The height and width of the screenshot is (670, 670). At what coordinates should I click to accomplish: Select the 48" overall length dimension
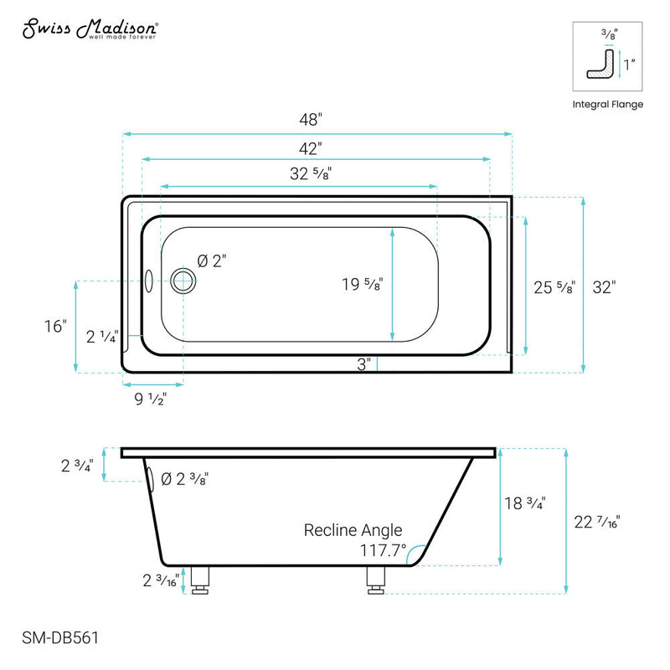[x=311, y=119]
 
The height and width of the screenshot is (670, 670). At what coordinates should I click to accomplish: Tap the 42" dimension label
[x=311, y=148]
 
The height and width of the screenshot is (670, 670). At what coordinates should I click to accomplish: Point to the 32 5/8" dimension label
[x=298, y=175]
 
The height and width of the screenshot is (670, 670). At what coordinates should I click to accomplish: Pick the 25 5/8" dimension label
[x=554, y=287]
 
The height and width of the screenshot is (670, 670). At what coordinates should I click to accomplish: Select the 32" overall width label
[x=604, y=287]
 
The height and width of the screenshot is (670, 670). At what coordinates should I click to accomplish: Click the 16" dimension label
[x=56, y=326]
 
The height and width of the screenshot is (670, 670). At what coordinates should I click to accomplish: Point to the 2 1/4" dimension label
[x=103, y=338]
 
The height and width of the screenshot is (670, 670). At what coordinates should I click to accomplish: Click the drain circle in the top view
[x=182, y=281]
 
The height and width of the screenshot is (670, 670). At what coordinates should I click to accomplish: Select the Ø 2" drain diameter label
[x=212, y=261]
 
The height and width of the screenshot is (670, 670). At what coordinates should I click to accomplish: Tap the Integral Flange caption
[x=607, y=105]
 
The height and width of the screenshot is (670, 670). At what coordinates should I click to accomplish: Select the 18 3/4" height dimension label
[x=526, y=504]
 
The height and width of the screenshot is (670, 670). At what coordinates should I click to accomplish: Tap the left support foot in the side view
[x=201, y=580]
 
